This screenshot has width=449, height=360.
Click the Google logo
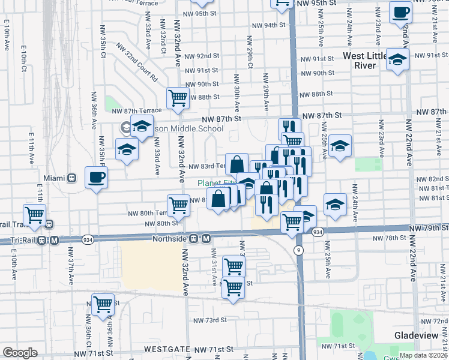pyautogui.click(x=20, y=353)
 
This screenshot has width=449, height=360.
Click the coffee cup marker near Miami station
pyautogui.click(x=97, y=178)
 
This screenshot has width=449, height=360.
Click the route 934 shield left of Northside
pyautogui.click(x=88, y=238)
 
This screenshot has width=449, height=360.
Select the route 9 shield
pyautogui.click(x=298, y=249)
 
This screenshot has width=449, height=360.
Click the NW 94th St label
pyautogui.click(x=268, y=25)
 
